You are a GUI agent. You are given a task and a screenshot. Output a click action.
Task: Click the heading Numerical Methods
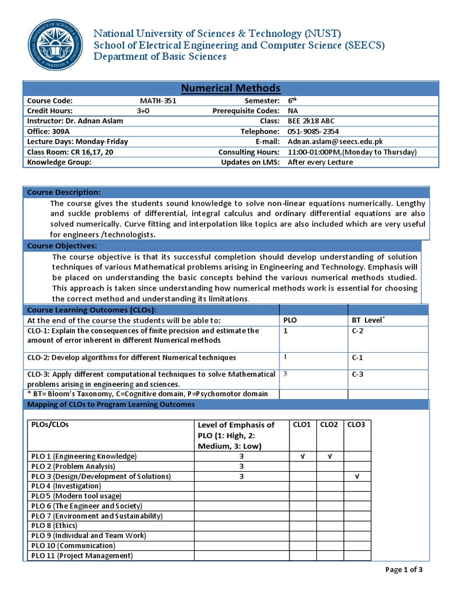click(230, 88)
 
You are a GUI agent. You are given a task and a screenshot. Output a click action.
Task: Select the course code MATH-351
click(154, 101)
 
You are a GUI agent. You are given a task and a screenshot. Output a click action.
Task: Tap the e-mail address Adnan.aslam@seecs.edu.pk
click(335, 141)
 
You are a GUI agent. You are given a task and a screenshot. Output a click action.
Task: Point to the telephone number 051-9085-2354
click(313, 131)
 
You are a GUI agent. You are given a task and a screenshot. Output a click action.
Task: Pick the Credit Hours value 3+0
click(144, 111)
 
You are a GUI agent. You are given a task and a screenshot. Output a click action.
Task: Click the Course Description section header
click(64, 193)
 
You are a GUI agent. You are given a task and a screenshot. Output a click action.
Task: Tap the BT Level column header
click(368, 321)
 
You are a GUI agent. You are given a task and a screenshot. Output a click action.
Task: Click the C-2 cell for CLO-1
click(358, 331)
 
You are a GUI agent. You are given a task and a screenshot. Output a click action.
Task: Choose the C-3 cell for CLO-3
click(358, 374)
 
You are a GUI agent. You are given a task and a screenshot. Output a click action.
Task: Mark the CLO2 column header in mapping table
click(329, 424)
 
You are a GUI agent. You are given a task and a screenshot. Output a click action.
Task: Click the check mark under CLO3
click(357, 476)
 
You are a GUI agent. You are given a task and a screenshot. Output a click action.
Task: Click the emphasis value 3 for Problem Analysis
click(241, 466)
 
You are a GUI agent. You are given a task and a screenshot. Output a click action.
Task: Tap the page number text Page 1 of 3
click(404, 569)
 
